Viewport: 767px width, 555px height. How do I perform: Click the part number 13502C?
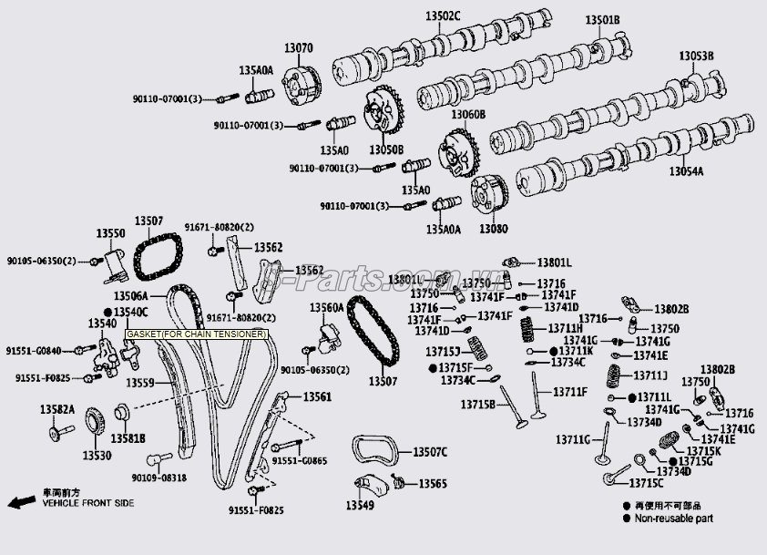click(443, 15)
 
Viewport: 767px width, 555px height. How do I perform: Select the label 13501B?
click(602, 19)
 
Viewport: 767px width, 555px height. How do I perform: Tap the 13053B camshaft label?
click(696, 57)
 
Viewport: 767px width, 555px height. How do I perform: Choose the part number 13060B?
click(467, 115)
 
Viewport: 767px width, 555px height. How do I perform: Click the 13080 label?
click(493, 227)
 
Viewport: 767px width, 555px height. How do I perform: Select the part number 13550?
click(111, 233)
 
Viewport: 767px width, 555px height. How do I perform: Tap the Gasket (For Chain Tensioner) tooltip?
click(196, 334)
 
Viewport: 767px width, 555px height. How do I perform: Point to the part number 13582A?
click(56, 409)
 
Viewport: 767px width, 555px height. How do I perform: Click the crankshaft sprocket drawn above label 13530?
click(92, 426)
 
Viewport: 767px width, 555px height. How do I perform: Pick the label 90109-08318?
click(159, 477)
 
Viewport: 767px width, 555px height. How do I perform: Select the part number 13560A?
click(326, 308)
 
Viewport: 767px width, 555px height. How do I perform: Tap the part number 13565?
click(433, 483)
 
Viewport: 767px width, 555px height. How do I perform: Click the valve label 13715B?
click(477, 404)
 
